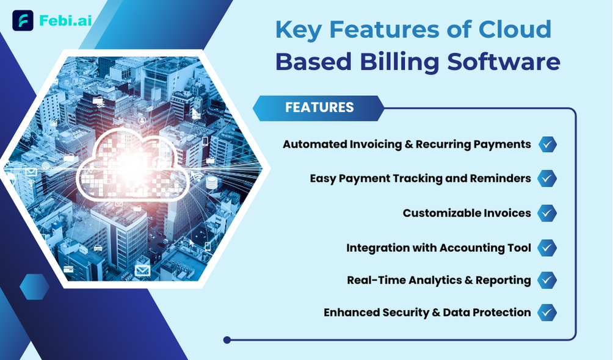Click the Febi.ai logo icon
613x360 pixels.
(x=23, y=20)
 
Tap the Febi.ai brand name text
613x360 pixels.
(x=65, y=20)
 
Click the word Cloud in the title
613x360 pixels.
(x=515, y=29)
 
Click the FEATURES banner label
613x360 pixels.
(x=319, y=107)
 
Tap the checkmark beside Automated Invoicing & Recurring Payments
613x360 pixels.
(x=547, y=144)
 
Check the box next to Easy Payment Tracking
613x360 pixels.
(x=547, y=179)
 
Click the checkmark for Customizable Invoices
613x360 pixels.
(x=547, y=213)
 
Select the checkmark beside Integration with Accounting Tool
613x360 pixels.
(x=547, y=248)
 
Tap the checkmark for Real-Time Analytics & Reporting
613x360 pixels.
(x=547, y=280)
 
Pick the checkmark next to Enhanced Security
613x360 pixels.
(x=547, y=312)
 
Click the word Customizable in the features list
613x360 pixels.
(x=441, y=213)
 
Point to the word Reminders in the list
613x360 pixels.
(x=501, y=178)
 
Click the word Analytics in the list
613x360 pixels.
(x=423, y=280)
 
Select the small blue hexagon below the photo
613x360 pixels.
(x=34, y=287)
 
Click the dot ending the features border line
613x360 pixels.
(x=227, y=340)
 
